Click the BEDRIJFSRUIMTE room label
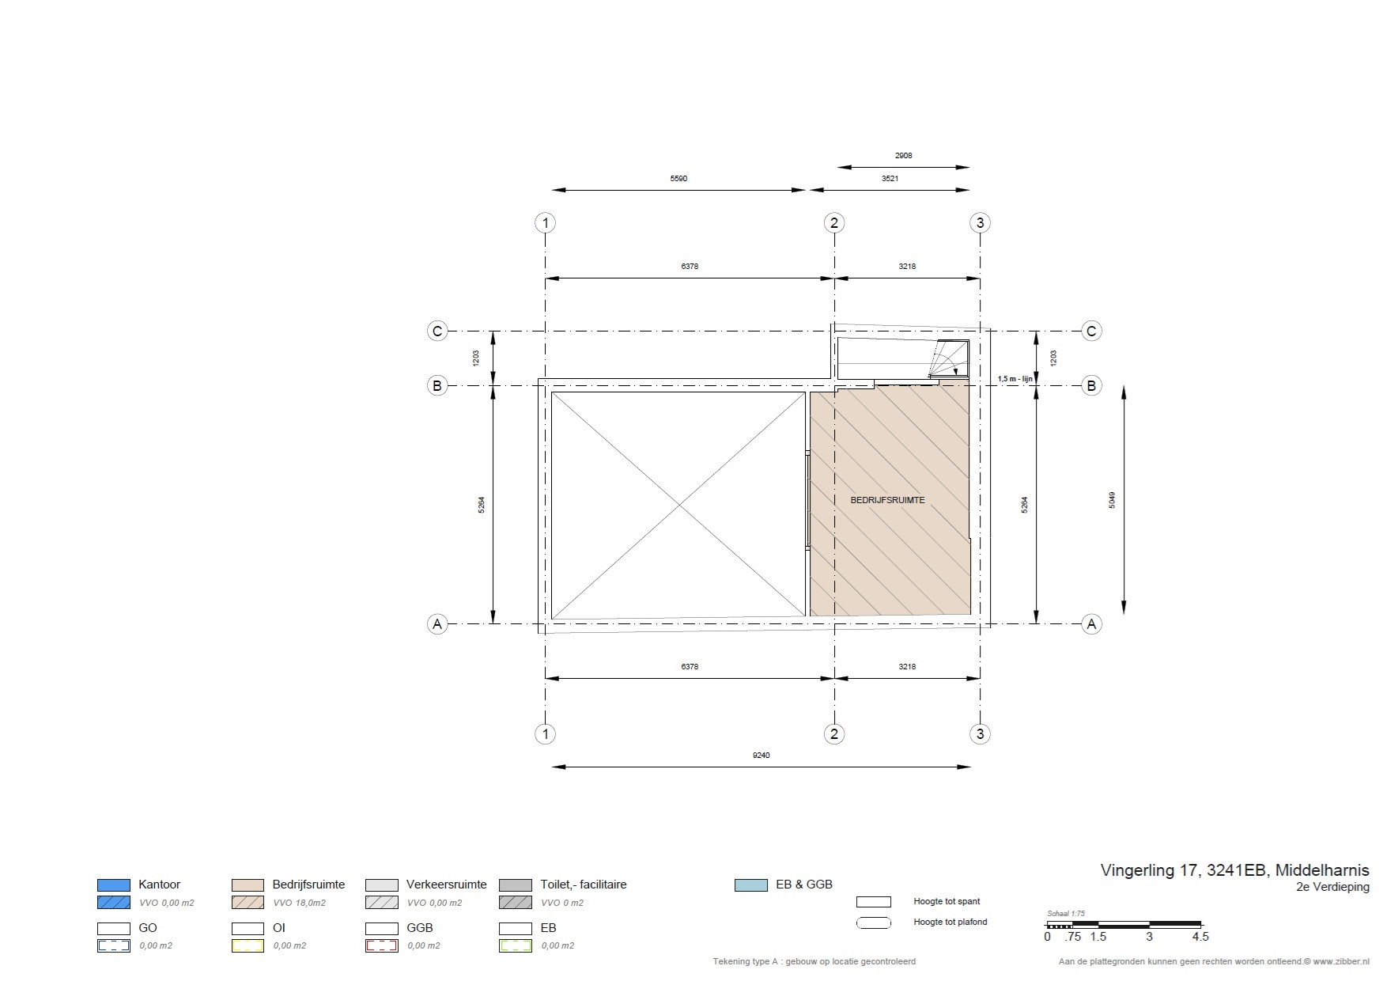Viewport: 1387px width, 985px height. [887, 500]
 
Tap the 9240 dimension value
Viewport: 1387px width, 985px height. [761, 756]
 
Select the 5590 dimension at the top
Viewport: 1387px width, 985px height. [678, 179]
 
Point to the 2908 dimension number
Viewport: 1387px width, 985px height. [903, 156]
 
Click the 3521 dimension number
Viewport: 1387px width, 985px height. [890, 179]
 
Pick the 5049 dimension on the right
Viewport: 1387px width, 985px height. [1112, 500]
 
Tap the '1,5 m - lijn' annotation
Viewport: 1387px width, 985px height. [1015, 379]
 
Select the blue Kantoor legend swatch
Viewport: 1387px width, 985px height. [113, 885]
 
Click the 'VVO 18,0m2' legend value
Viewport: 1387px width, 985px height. [299, 903]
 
